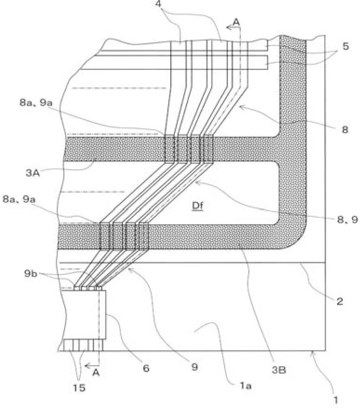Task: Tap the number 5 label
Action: coord(346,47)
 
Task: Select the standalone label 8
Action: coord(345,129)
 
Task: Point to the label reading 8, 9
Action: coord(347,220)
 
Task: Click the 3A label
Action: coord(33,173)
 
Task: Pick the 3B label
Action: coord(279,370)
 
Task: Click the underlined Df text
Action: coord(198,206)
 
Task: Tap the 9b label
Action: coord(31,274)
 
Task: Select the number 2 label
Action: coord(340,301)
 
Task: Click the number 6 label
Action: coord(146,368)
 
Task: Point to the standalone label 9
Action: coord(195,367)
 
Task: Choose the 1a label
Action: coord(245,386)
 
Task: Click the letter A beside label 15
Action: coord(96,373)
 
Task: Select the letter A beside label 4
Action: coord(236,23)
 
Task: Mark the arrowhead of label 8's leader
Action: coord(240,106)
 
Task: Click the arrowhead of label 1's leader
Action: coord(313,352)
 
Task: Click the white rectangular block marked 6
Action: coord(85,314)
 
